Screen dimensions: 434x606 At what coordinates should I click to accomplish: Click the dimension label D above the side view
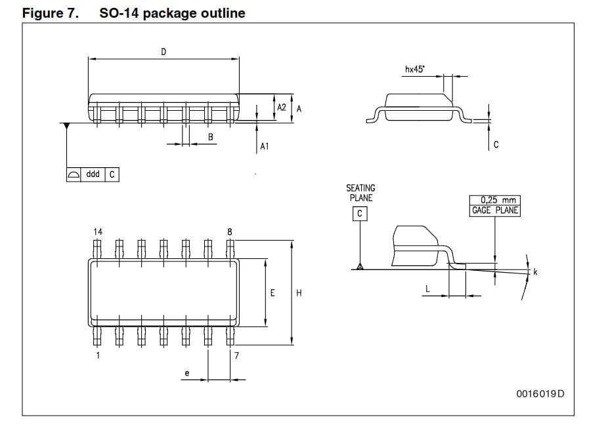tap(163, 52)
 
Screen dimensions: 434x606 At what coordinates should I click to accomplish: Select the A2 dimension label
tap(282, 107)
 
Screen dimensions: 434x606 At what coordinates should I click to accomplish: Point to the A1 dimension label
tap(264, 147)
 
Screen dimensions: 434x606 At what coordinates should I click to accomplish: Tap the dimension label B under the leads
tap(210, 136)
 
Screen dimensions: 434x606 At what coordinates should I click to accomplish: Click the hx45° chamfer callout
tap(414, 69)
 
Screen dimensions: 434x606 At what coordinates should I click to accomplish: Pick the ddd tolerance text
tap(93, 174)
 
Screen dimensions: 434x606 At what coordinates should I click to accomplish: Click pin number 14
tap(98, 231)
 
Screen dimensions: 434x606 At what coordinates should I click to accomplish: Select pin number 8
tap(229, 231)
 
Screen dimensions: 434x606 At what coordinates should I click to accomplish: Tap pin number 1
tap(98, 355)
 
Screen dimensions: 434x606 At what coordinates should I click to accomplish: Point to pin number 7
tap(236, 355)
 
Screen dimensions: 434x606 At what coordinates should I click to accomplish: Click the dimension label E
tap(272, 293)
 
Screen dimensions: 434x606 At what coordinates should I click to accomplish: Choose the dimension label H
tap(299, 293)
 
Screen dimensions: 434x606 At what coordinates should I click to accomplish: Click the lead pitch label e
tap(186, 374)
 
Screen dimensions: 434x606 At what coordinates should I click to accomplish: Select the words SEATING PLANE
tap(360, 193)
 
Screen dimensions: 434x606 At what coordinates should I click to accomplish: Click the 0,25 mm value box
tap(495, 201)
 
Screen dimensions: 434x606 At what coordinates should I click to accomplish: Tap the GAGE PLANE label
tap(495, 210)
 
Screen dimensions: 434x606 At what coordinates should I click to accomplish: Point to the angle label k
tap(535, 272)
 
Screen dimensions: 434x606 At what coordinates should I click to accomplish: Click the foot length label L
tap(427, 288)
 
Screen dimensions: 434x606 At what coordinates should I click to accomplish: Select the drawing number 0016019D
tap(540, 393)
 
